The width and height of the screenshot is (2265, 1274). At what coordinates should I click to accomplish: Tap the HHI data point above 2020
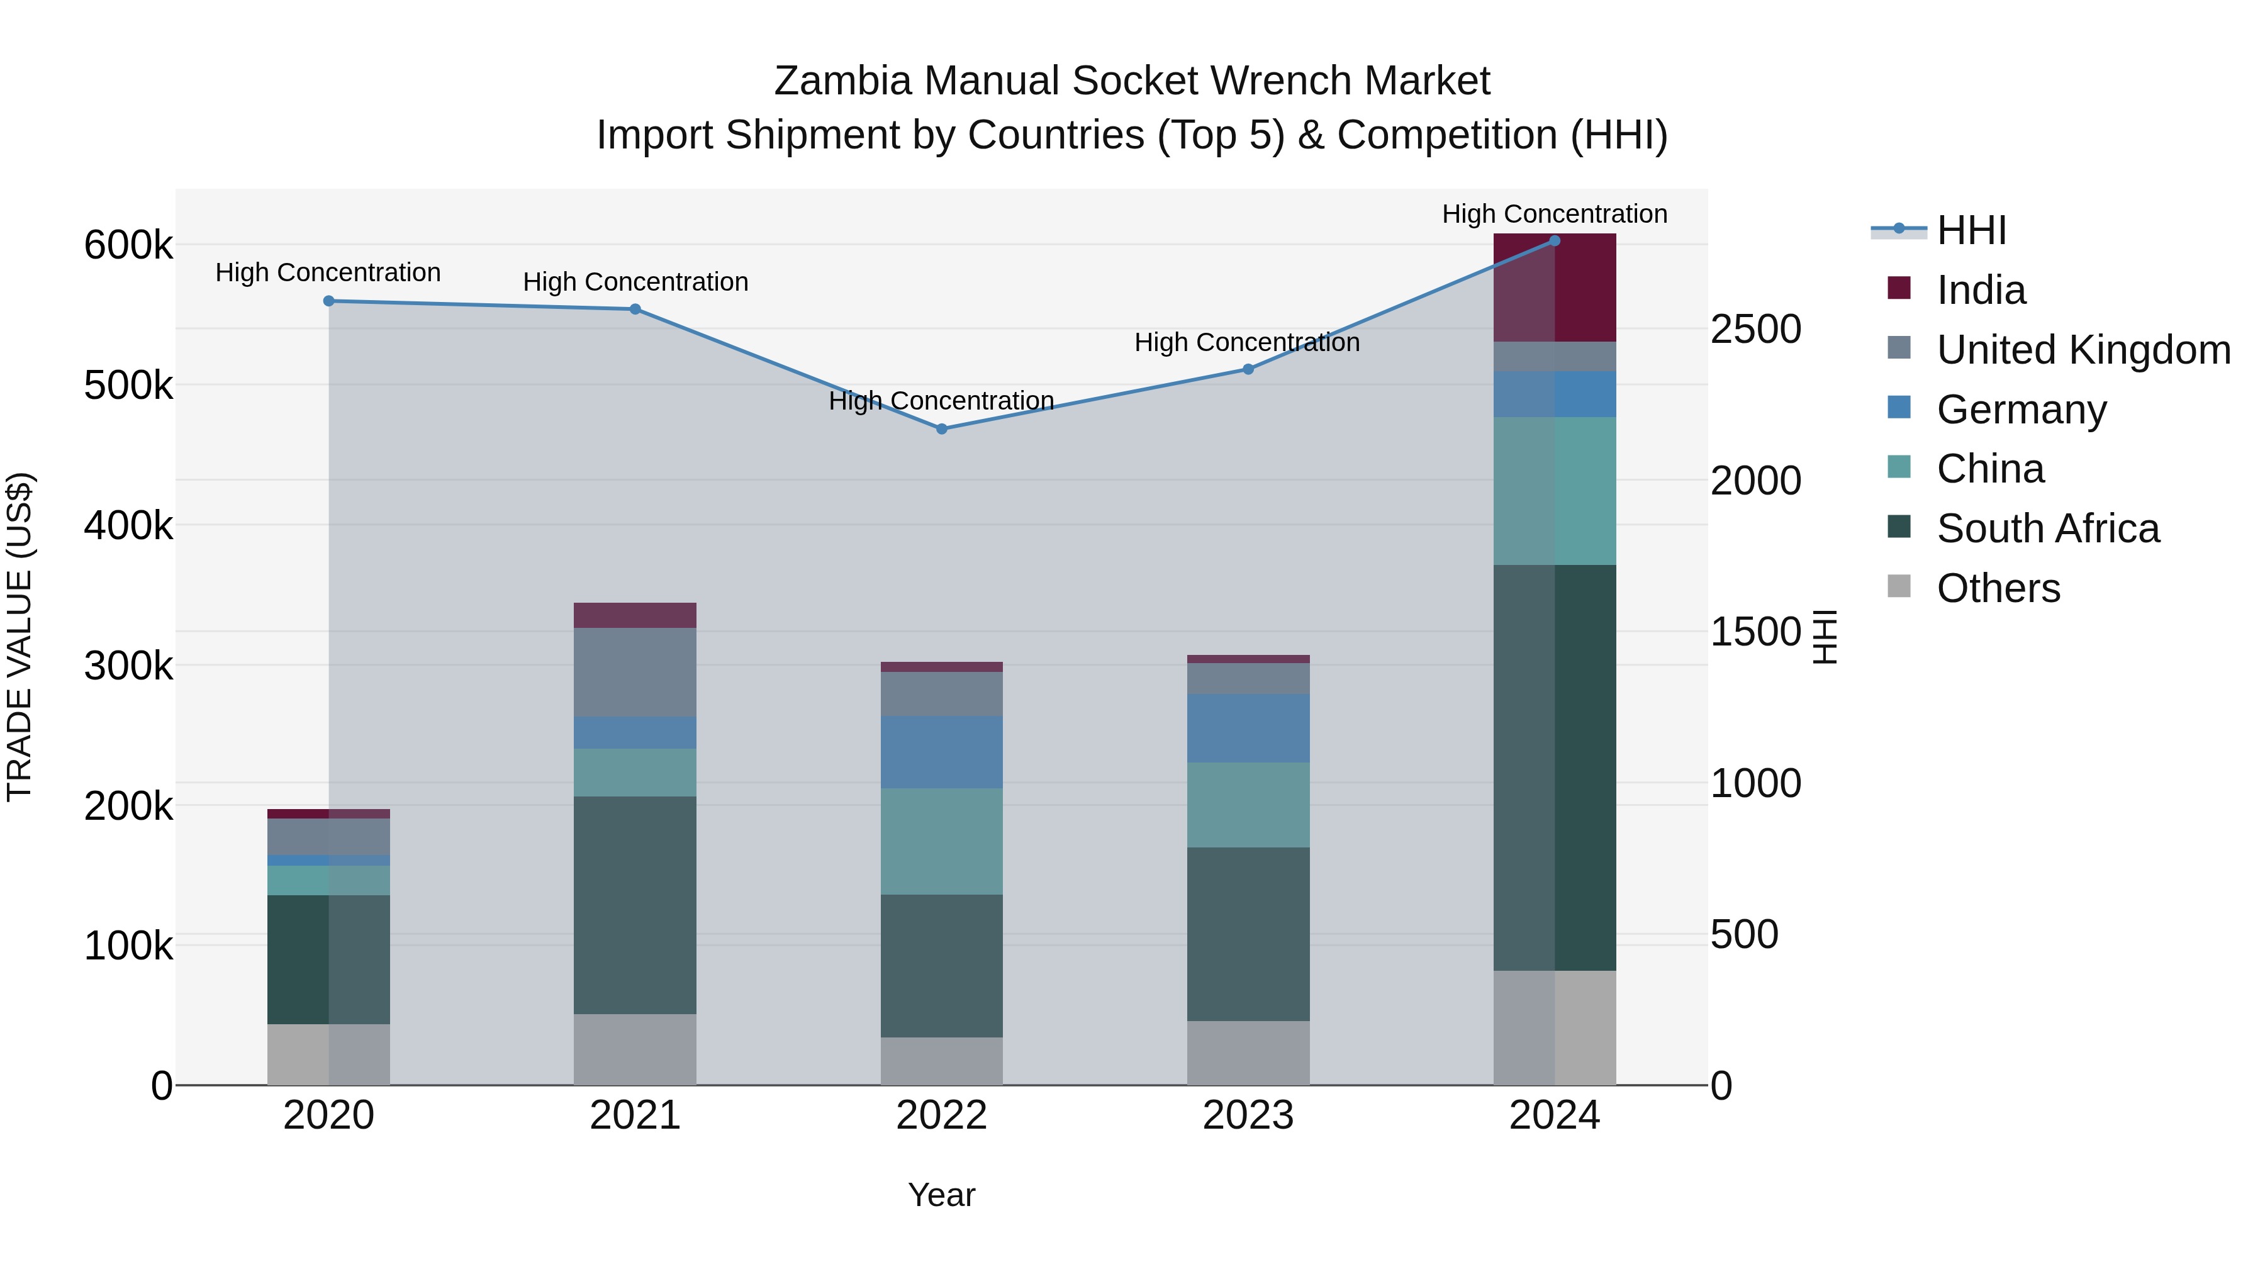point(329,301)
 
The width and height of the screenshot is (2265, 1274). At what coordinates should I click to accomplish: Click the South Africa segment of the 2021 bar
point(635,905)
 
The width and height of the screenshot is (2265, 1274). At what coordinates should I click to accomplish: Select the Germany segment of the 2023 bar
point(1248,728)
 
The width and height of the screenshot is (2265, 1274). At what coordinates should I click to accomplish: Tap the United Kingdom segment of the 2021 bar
point(635,672)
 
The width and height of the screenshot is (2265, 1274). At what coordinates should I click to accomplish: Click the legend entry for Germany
point(2020,410)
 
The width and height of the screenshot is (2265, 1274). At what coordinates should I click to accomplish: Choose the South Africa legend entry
point(2047,528)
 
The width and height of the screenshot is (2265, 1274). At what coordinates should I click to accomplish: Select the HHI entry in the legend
point(1971,230)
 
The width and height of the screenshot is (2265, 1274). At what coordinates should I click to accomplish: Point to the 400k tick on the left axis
point(128,526)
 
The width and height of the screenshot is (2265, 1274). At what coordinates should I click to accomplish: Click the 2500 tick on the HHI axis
point(1755,330)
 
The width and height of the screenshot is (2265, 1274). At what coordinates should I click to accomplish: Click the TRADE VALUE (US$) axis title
point(20,637)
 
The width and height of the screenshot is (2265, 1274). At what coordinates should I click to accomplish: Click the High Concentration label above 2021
point(635,282)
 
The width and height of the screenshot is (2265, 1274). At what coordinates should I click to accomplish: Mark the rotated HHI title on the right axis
point(1825,637)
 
